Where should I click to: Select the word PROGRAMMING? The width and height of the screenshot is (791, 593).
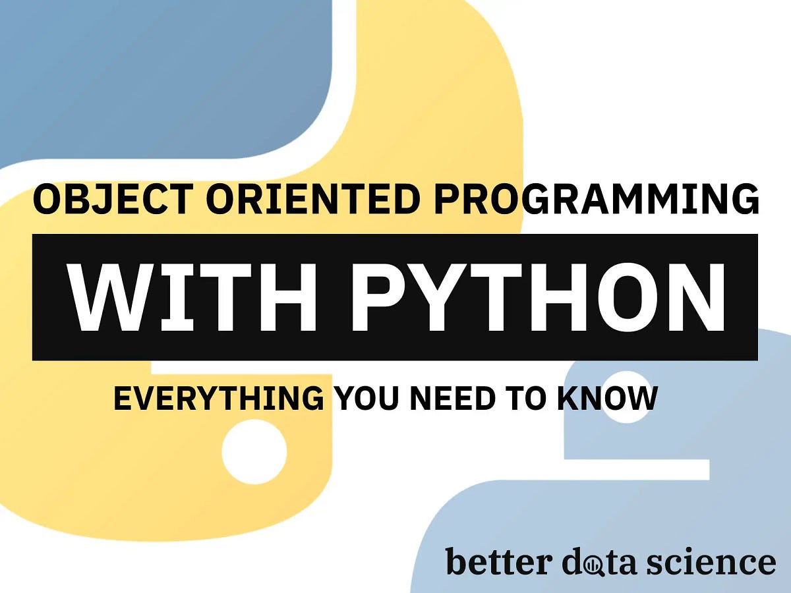click(597, 200)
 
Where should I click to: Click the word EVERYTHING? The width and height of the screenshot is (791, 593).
click(218, 399)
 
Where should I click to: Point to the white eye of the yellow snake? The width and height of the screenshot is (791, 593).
click(254, 452)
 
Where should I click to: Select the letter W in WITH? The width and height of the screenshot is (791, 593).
click(111, 297)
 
